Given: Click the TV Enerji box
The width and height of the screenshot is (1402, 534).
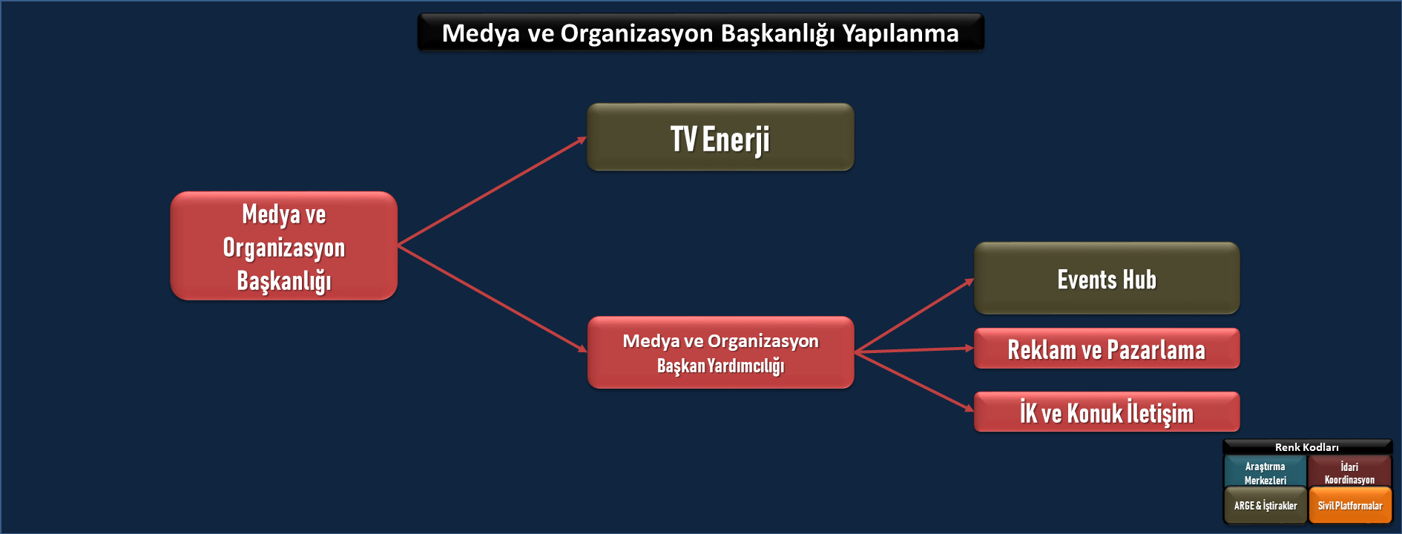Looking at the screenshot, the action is (x=720, y=137).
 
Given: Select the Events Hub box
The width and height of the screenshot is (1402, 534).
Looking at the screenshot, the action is (x=1107, y=278).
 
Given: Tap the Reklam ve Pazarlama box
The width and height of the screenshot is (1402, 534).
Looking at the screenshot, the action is (x=1107, y=349).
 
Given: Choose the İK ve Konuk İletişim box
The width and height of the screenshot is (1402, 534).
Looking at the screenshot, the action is (x=1107, y=412).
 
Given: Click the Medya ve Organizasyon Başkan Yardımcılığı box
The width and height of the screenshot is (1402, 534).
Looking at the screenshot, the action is (x=720, y=352).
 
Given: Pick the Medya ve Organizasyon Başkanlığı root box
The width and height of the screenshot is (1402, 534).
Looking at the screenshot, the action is (x=284, y=245).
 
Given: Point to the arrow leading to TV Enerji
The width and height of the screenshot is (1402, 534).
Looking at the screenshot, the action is (x=493, y=191).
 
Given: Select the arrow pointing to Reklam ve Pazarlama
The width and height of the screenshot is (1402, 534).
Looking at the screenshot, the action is (x=914, y=350).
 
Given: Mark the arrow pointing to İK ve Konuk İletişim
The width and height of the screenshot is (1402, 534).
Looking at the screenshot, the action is (x=914, y=381).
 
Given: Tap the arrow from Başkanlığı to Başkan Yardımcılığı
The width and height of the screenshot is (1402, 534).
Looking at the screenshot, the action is (x=493, y=298).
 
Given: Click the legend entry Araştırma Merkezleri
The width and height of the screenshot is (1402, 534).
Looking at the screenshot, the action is (x=1265, y=472).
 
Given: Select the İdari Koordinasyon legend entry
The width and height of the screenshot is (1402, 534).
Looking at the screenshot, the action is (x=1349, y=472).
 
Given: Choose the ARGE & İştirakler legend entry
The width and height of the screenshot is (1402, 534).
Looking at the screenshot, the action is (x=1265, y=506).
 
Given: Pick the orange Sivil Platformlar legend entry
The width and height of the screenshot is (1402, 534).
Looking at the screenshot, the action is (x=1350, y=506).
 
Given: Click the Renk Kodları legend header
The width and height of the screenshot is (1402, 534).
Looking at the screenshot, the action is (x=1307, y=447).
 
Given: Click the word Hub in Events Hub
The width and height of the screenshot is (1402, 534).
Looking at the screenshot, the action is (x=1139, y=280).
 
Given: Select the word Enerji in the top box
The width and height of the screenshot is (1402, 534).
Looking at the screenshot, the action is (x=736, y=140).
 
